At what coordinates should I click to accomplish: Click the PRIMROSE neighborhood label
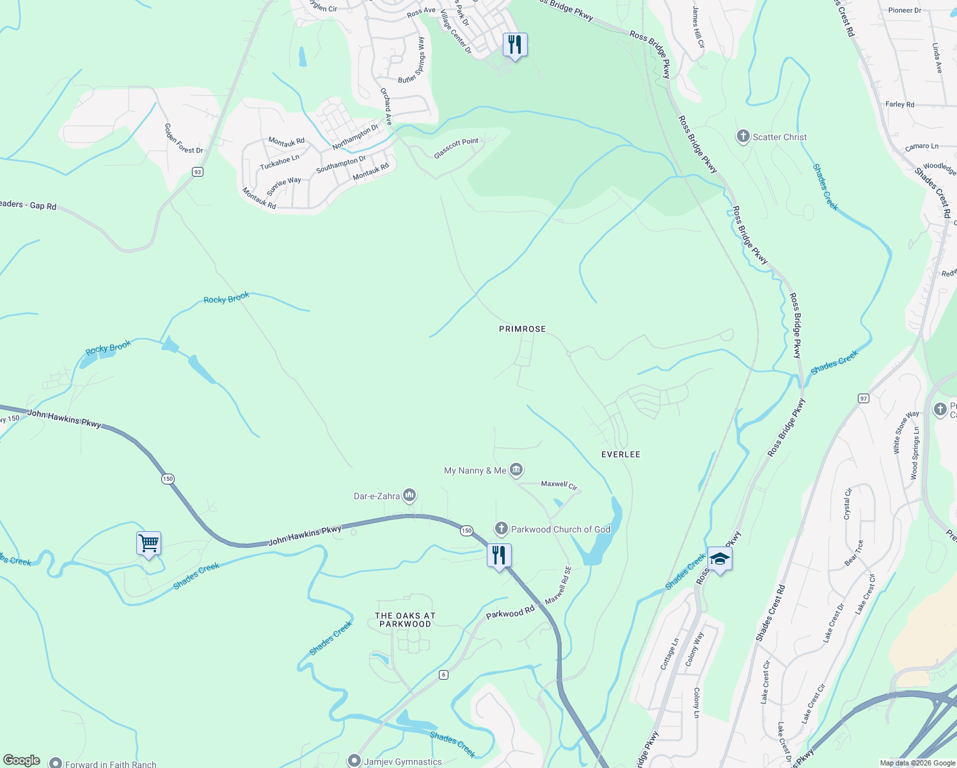click(x=522, y=329)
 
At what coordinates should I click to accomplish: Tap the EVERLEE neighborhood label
click(x=621, y=454)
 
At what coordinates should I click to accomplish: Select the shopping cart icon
click(x=148, y=544)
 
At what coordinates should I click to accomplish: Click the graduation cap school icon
click(x=720, y=559)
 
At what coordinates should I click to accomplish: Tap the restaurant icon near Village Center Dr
click(x=515, y=45)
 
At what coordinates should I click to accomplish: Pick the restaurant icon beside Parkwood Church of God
click(x=499, y=555)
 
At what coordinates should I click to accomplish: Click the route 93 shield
click(x=198, y=172)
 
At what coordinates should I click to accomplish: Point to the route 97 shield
click(x=864, y=399)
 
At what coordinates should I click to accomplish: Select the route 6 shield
click(x=443, y=675)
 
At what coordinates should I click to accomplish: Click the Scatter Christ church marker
click(x=743, y=137)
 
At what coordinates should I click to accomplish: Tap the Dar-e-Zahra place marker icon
click(x=409, y=496)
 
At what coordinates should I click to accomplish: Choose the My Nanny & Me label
click(x=475, y=471)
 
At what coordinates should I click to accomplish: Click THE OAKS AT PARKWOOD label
click(x=405, y=620)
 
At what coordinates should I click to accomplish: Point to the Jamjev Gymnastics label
click(x=402, y=762)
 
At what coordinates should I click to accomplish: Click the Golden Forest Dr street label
click(x=184, y=139)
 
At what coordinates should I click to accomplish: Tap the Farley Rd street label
click(x=899, y=104)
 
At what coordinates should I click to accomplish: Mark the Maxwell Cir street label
click(x=559, y=485)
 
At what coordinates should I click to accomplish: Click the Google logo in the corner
click(x=21, y=760)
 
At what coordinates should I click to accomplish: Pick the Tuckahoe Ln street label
click(x=280, y=163)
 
